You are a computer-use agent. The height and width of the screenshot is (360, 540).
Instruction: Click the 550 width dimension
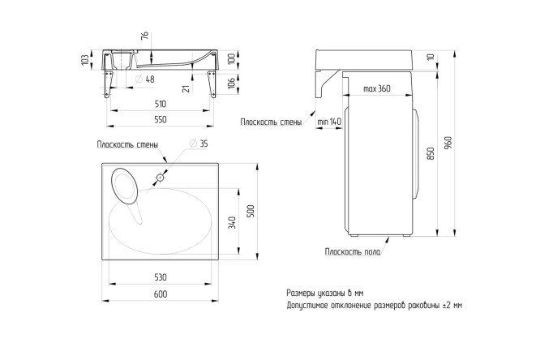[161, 119]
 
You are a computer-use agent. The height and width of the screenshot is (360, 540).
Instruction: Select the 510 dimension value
[161, 104]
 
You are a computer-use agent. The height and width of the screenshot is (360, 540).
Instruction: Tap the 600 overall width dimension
[161, 294]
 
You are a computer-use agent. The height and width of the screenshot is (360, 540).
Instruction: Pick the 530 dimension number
[161, 277]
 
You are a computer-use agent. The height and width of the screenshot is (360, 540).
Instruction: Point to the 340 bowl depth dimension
[233, 223]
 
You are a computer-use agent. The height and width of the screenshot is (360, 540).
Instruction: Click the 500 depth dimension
[251, 211]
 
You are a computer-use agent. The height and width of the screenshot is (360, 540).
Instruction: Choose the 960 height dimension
[448, 143]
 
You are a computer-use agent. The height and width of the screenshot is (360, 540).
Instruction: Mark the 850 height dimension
[431, 153]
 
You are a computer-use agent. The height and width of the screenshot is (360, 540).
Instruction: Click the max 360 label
[377, 88]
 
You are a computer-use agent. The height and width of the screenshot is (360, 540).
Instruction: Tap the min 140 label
[329, 122]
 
